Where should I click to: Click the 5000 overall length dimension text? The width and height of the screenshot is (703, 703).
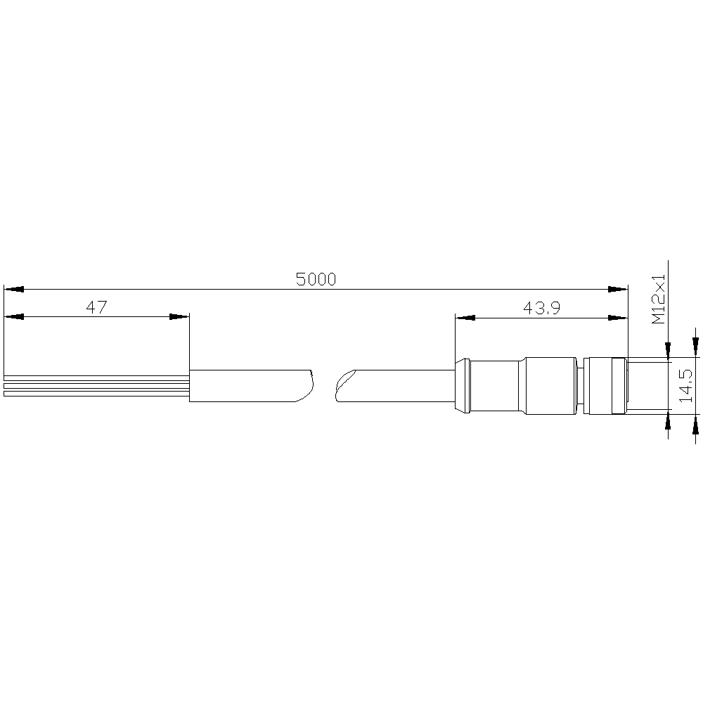tap(316, 279)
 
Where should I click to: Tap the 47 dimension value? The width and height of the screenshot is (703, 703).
tap(96, 307)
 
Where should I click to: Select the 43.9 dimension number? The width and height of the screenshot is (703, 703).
tap(541, 308)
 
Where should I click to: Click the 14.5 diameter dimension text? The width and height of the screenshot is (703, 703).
tap(685, 385)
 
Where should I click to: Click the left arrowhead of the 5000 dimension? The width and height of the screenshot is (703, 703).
tap(13, 289)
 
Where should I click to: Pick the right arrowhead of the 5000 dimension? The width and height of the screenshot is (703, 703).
tap(618, 289)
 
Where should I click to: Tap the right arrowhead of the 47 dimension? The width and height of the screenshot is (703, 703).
tap(179, 316)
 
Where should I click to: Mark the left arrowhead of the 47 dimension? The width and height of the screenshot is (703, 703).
tap(13, 316)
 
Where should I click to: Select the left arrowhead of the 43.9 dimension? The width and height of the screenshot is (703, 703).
tap(465, 318)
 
